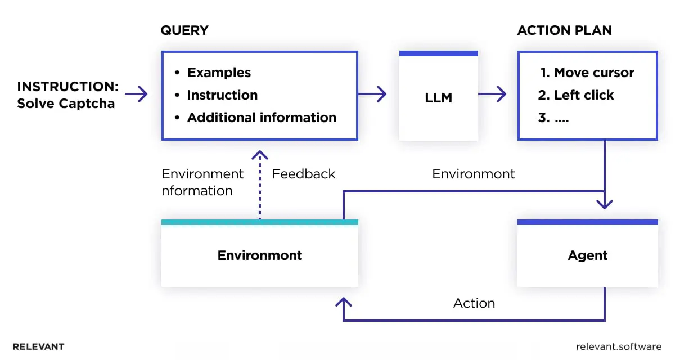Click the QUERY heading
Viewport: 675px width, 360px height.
coord(184,30)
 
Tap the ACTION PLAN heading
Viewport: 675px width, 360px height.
coord(564,30)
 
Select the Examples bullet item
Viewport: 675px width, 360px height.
coord(219,73)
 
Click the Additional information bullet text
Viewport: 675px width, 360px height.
coord(262,118)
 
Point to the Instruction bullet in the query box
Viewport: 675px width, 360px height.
coord(222,95)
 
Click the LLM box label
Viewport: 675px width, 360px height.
coord(438,98)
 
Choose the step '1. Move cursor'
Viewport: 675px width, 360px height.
coord(587,73)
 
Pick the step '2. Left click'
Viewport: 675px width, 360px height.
coord(576,95)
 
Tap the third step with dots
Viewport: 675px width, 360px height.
coord(553,119)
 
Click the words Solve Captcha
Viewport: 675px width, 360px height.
coord(66,103)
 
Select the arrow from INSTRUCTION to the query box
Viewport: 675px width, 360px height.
coord(136,94)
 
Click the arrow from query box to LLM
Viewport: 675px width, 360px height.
coord(372,94)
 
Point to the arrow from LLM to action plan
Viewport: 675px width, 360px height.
coord(492,94)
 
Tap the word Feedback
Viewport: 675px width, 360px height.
coord(304,174)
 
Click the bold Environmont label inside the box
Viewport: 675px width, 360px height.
coord(260,255)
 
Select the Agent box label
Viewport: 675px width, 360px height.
coord(587,255)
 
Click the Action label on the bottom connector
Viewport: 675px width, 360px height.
coord(474,303)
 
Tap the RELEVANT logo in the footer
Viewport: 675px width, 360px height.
coord(38,346)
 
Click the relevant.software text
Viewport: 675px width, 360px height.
coord(619,346)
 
